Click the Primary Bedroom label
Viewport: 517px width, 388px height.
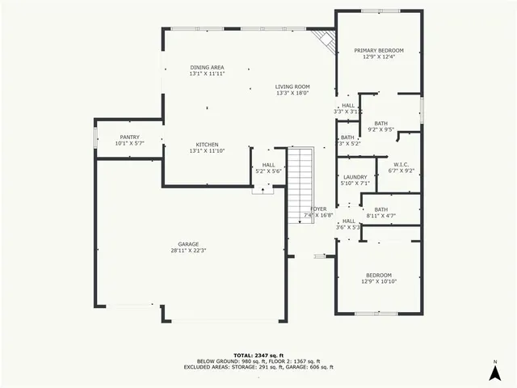coord(379,50)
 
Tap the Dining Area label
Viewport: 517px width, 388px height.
coord(207,67)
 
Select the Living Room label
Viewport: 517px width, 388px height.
coord(292,86)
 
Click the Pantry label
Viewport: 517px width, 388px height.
coord(129,137)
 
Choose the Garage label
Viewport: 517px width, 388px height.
coord(188,244)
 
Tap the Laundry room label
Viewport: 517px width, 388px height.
coord(355,177)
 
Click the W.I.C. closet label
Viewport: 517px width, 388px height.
coord(401,164)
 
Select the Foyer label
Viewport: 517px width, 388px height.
coord(318,209)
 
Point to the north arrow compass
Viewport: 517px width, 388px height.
coord(494,371)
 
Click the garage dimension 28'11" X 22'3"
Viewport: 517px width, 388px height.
coord(188,251)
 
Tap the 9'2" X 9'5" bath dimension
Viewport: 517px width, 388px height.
coord(380,129)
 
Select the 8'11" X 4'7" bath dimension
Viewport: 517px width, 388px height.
coord(380,216)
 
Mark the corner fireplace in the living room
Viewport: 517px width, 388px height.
coord(325,40)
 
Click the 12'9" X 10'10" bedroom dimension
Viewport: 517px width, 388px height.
coord(378,281)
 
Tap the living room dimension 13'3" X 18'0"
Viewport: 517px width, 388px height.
coord(292,93)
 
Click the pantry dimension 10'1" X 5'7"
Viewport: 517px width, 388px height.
coord(129,144)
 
